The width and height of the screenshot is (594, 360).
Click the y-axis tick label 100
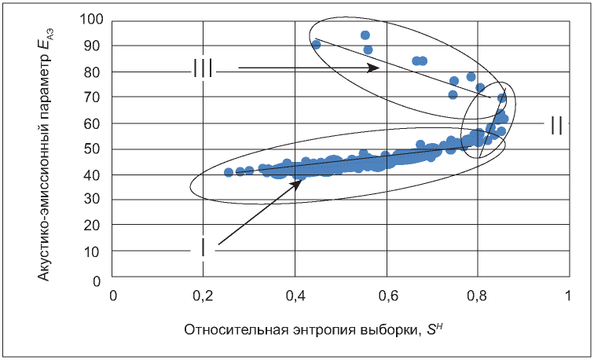pyautogui.click(x=92, y=19)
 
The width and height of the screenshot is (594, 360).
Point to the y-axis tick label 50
pyautogui.click(x=95, y=149)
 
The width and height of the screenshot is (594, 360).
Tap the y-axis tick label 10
pyautogui.click(x=95, y=252)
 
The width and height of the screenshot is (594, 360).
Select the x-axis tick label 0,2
pyautogui.click(x=203, y=296)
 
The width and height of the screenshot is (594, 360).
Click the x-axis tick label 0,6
pyautogui.click(x=387, y=296)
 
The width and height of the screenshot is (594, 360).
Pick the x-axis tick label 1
pyautogui.click(x=568, y=296)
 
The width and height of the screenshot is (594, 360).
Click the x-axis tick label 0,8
pyautogui.click(x=478, y=296)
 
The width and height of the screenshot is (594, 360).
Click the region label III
pyautogui.click(x=203, y=69)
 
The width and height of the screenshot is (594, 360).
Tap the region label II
pyautogui.click(x=556, y=126)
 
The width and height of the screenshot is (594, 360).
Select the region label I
pyautogui.click(x=203, y=248)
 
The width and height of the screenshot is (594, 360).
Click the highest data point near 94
pyautogui.click(x=365, y=35)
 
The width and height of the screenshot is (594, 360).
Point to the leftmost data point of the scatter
pyautogui.click(x=229, y=172)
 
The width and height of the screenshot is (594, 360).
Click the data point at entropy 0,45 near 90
pyautogui.click(x=317, y=45)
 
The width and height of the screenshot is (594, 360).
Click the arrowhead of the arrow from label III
pyautogui.click(x=374, y=68)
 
